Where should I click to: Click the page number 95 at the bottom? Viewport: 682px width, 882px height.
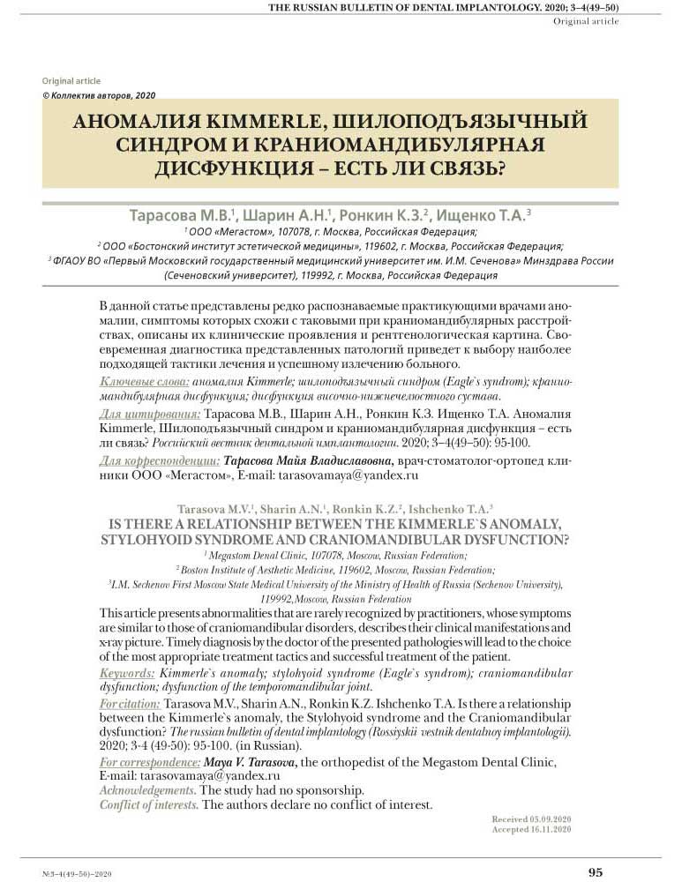[596, 871]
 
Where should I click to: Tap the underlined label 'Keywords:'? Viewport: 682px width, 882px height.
[128, 672]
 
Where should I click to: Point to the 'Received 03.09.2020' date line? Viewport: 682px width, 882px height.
[531, 819]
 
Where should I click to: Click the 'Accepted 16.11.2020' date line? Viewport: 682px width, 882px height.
[531, 830]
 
